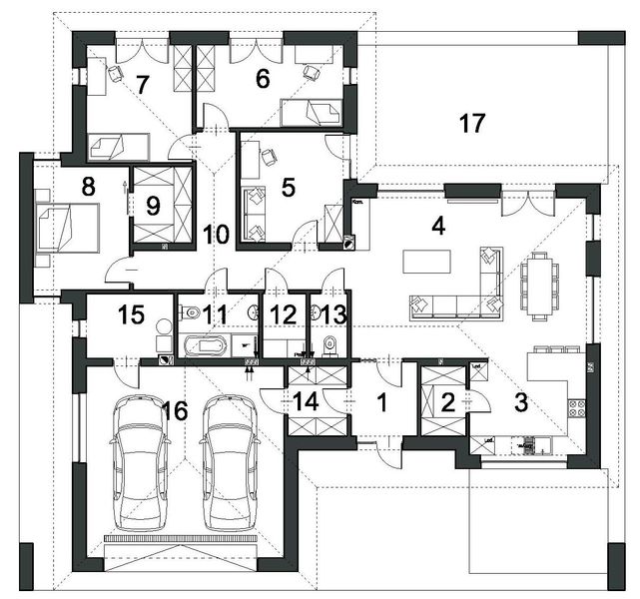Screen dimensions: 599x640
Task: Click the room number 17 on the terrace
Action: click(x=472, y=124)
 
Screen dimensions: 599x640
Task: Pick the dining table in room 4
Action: click(x=540, y=285)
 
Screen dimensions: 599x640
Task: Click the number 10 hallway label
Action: click(x=217, y=235)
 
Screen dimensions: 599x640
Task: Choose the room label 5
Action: click(x=289, y=186)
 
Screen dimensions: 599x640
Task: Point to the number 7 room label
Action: click(x=143, y=85)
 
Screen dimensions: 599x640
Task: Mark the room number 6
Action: click(x=263, y=79)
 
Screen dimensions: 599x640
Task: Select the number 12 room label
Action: click(x=284, y=315)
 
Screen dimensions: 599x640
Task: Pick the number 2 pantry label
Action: click(x=447, y=402)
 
